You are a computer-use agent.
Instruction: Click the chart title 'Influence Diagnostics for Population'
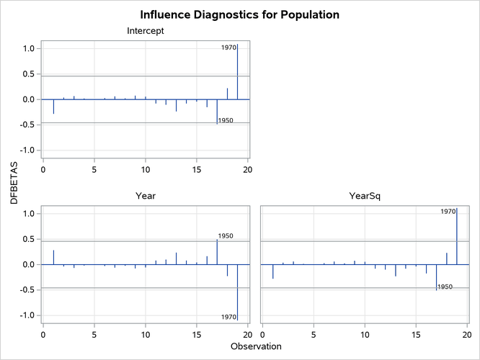click(239, 14)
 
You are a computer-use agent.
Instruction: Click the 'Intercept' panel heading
click(145, 31)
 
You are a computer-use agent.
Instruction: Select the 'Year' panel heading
click(145, 195)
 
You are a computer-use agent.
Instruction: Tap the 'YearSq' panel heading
click(364, 195)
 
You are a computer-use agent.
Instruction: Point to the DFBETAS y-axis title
click(14, 183)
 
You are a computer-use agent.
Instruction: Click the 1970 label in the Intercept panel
click(228, 48)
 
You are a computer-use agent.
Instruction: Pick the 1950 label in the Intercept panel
click(225, 120)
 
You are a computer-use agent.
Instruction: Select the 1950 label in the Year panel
click(226, 235)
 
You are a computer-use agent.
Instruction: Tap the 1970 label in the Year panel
click(228, 317)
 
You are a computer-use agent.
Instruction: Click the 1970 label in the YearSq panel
click(448, 211)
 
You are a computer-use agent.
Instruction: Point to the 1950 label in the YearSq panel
click(445, 287)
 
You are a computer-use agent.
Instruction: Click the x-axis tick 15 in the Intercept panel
click(197, 170)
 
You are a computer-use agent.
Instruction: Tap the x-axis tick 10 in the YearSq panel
click(365, 334)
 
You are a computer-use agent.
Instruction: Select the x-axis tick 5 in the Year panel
click(94, 334)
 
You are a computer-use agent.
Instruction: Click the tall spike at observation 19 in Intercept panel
click(238, 72)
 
